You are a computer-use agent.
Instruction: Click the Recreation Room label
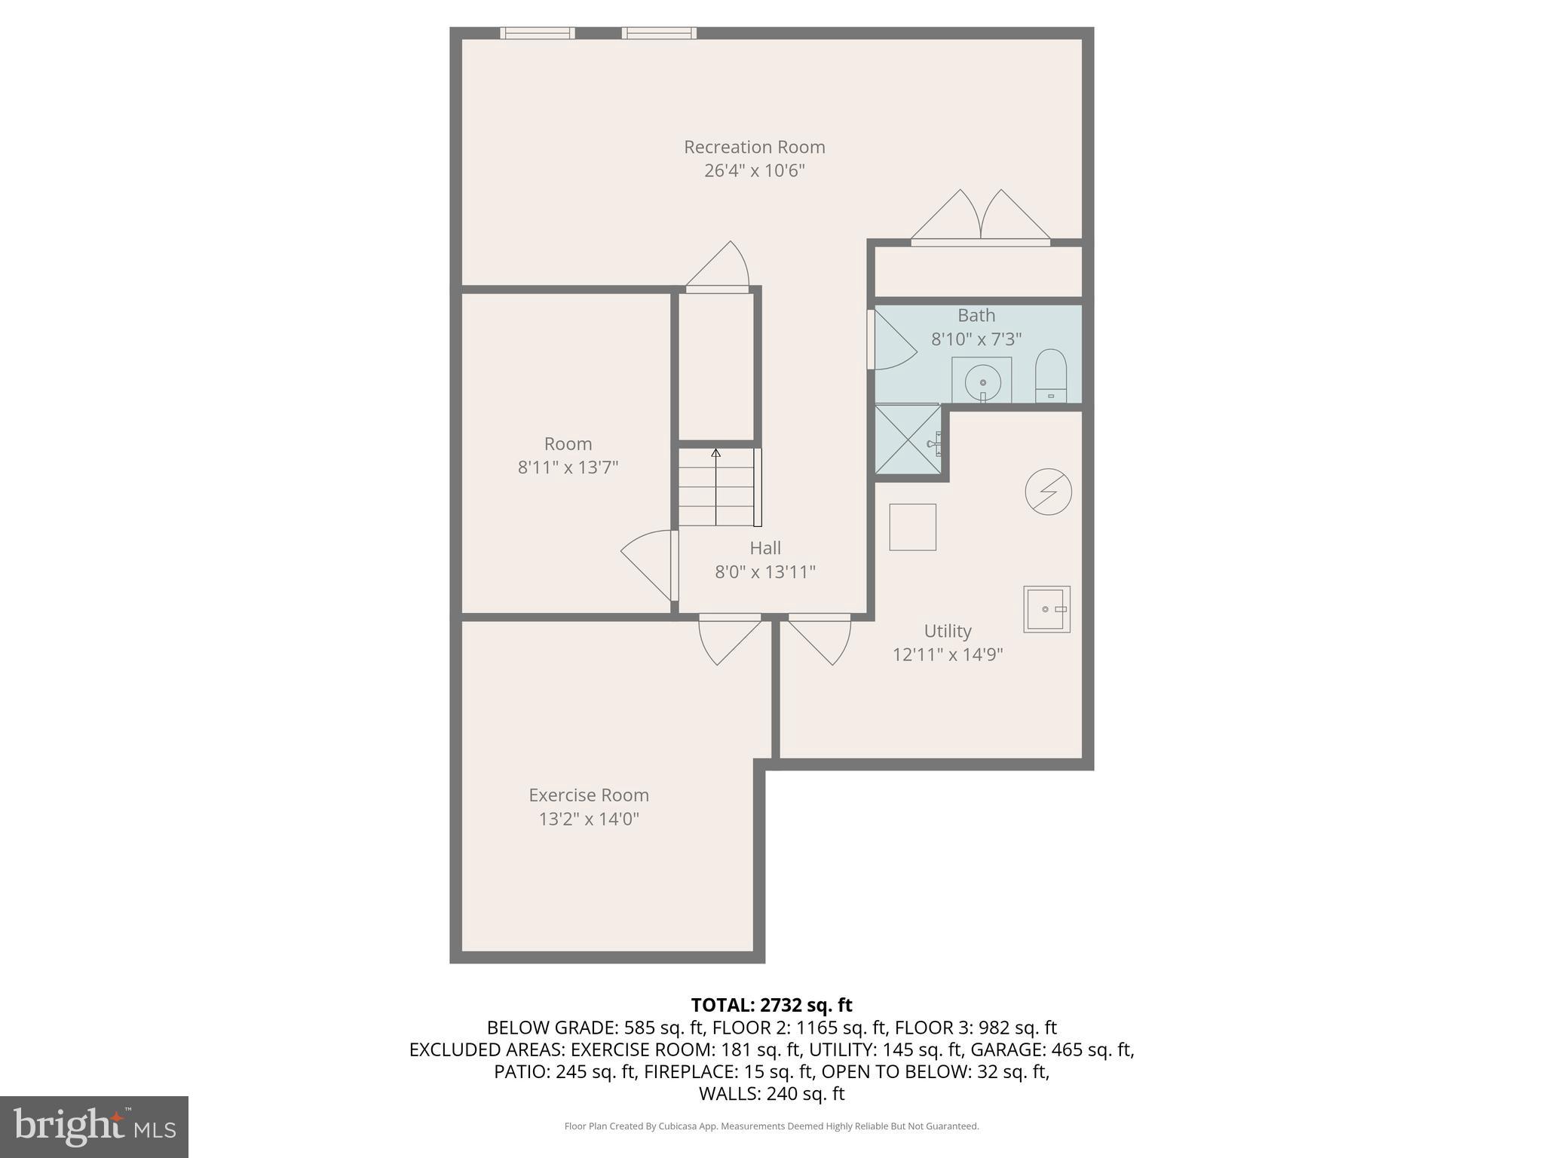754,147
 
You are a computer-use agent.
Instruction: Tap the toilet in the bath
1051,375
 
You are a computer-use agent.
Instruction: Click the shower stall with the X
908,440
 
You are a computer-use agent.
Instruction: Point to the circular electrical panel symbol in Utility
1048,492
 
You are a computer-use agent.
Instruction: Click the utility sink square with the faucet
1046,609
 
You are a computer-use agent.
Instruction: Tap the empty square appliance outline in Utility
912,527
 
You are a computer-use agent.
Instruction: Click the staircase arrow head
715,453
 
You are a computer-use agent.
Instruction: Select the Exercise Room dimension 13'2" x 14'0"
588,819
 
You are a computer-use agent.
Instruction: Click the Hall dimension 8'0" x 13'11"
764,572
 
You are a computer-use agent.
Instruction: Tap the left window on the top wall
537,33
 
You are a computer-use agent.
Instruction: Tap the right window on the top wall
658,33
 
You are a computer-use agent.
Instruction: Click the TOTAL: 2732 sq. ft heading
771,1005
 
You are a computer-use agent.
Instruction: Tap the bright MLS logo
93,1126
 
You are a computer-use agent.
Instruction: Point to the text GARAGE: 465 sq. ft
1051,1049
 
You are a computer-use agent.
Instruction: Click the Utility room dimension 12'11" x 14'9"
947,654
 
